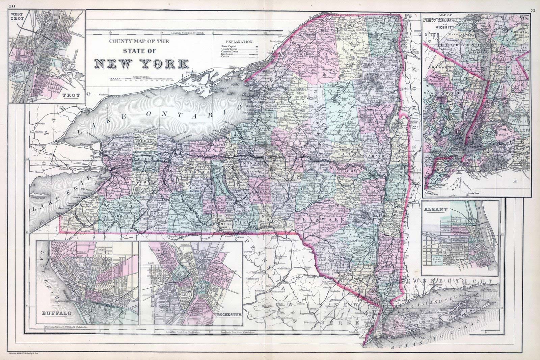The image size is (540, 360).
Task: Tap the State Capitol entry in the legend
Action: (230, 46)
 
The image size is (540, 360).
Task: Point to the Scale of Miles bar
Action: (141, 80)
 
